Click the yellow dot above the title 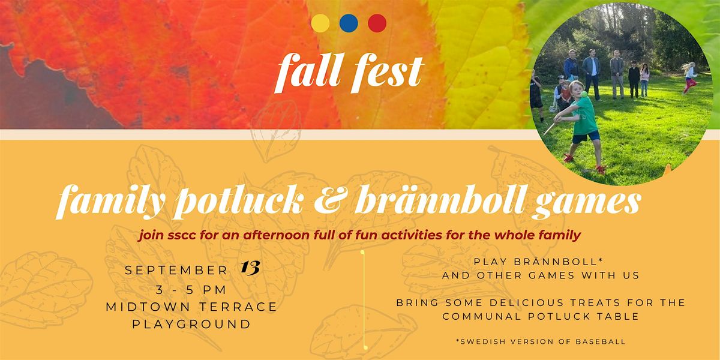(320, 23)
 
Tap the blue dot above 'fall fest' (349, 23)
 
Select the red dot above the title (377, 23)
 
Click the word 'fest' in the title (387, 73)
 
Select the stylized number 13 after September (250, 268)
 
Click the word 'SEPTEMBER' (176, 271)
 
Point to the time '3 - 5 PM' (191, 290)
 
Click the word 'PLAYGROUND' (191, 324)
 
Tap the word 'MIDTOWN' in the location (148, 307)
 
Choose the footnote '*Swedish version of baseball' (541, 341)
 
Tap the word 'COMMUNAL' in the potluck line (481, 316)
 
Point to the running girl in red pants (690, 77)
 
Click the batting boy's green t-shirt (586, 116)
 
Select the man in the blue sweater (571, 65)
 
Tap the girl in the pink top (644, 80)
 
